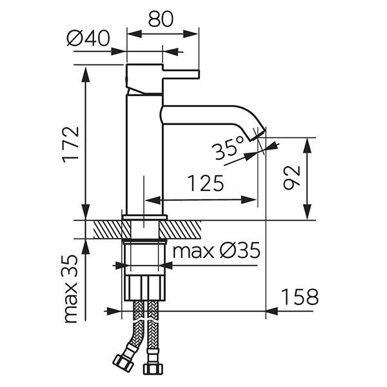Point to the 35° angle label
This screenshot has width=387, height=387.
click(x=226, y=150)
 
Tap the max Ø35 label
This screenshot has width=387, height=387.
click(x=215, y=250)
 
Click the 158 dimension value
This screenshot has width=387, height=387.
click(x=299, y=297)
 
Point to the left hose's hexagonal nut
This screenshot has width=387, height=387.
click(x=121, y=361)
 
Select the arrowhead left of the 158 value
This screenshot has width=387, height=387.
click(x=272, y=311)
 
